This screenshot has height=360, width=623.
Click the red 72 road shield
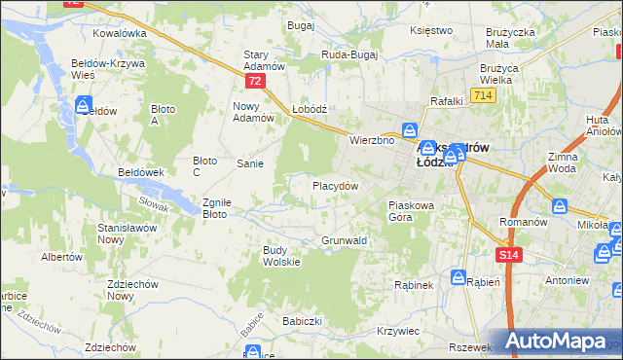(x=254, y=82)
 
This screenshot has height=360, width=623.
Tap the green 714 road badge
(x=482, y=94)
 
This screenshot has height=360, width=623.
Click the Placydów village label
(x=336, y=185)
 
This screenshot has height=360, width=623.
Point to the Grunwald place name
(x=344, y=239)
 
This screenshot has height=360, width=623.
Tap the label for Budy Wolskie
(x=281, y=255)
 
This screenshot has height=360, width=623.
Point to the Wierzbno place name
(x=371, y=140)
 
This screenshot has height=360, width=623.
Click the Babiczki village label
(x=302, y=320)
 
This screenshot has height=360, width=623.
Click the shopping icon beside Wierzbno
(x=412, y=129)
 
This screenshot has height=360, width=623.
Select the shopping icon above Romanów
(x=560, y=206)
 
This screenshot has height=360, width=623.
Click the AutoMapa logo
(x=561, y=341)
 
